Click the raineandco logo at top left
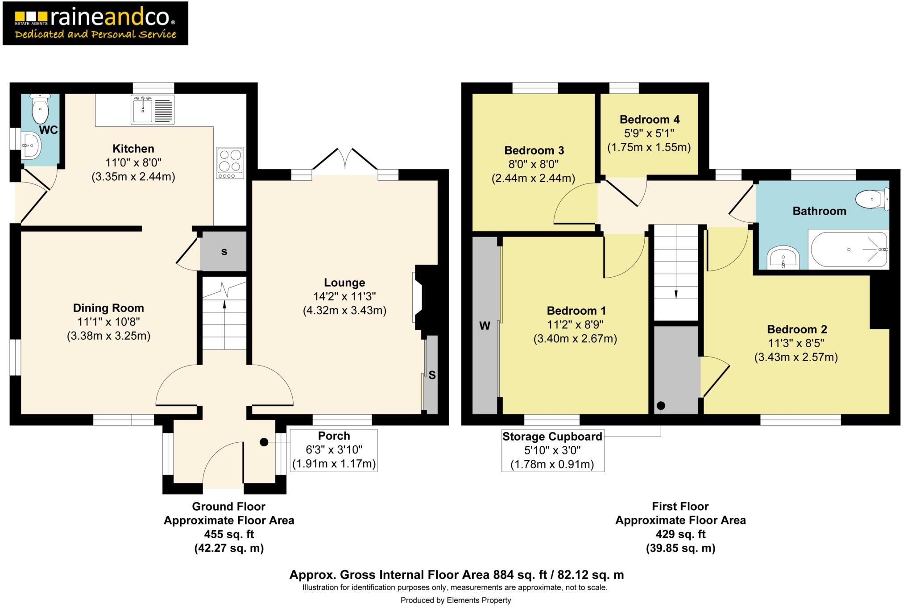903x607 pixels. coord(95,23)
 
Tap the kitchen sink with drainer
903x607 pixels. coord(152,110)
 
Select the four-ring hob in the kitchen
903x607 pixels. coord(230,162)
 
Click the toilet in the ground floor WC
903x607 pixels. coord(40,108)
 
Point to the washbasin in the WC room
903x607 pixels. coord(31,146)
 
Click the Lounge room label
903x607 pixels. coord(344,283)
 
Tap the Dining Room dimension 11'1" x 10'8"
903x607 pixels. coord(108,322)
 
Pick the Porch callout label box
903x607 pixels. coord(334,450)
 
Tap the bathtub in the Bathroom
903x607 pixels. coord(849,249)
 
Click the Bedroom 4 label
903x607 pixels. coord(649,120)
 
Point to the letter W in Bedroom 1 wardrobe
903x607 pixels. coord(485,326)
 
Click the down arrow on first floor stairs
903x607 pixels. coord(675,294)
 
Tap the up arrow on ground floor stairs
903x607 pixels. coord(224,304)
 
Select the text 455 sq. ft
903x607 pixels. coord(229,534)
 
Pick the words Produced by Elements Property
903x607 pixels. coord(455,600)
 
